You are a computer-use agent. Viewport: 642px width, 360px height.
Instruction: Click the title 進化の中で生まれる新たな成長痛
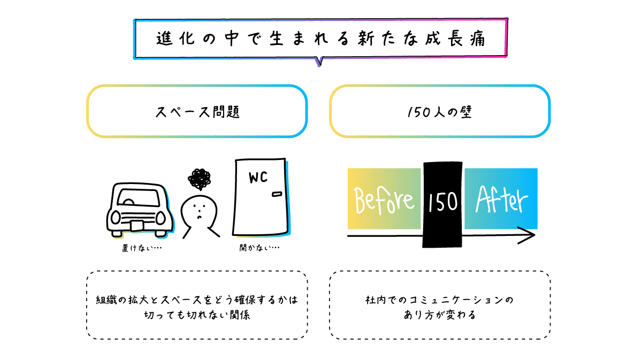pyautogui.click(x=321, y=39)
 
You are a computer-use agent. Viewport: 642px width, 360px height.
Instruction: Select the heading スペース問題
pyautogui.click(x=197, y=113)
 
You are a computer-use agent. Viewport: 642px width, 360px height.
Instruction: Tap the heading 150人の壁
pyautogui.click(x=439, y=113)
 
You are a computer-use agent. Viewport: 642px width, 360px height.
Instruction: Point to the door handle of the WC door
pyautogui.click(x=277, y=194)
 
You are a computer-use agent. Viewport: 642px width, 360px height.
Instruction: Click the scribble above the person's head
pyautogui.click(x=200, y=180)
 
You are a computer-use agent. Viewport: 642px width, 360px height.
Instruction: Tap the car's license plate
pyautogui.click(x=137, y=225)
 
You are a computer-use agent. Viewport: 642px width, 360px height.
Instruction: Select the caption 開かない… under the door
pyautogui.click(x=259, y=248)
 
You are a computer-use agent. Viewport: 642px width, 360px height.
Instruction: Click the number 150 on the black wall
pyautogui.click(x=443, y=202)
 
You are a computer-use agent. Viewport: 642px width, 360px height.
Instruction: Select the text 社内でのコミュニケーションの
pyautogui.click(x=439, y=300)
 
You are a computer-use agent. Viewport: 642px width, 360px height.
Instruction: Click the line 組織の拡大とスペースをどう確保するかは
pyautogui.click(x=197, y=300)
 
